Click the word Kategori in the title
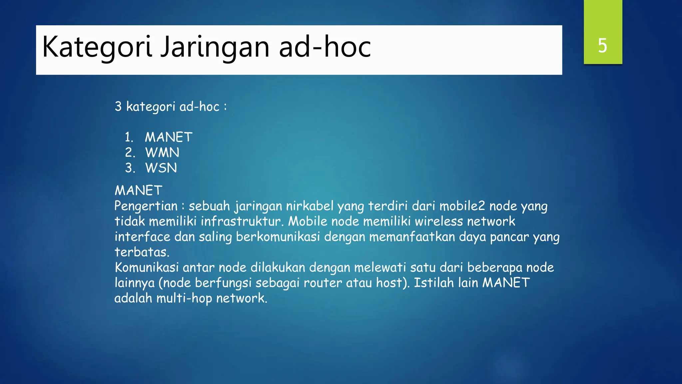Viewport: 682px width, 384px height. click(97, 47)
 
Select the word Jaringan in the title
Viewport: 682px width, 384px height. click(215, 47)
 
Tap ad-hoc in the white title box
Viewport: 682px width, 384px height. click(325, 47)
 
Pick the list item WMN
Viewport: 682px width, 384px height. click(162, 153)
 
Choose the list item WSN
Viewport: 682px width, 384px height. click(161, 168)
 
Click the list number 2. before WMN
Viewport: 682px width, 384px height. click(130, 153)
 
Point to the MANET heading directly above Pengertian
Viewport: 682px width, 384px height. click(138, 191)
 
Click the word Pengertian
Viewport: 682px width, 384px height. click(146, 206)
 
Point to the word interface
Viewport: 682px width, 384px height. click(143, 237)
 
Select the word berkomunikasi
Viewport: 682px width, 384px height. click(278, 237)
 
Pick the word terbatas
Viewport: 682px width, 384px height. click(142, 252)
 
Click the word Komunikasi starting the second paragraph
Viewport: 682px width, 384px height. click(147, 267)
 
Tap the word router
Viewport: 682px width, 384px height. click(323, 283)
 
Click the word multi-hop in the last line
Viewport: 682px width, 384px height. click(184, 298)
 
